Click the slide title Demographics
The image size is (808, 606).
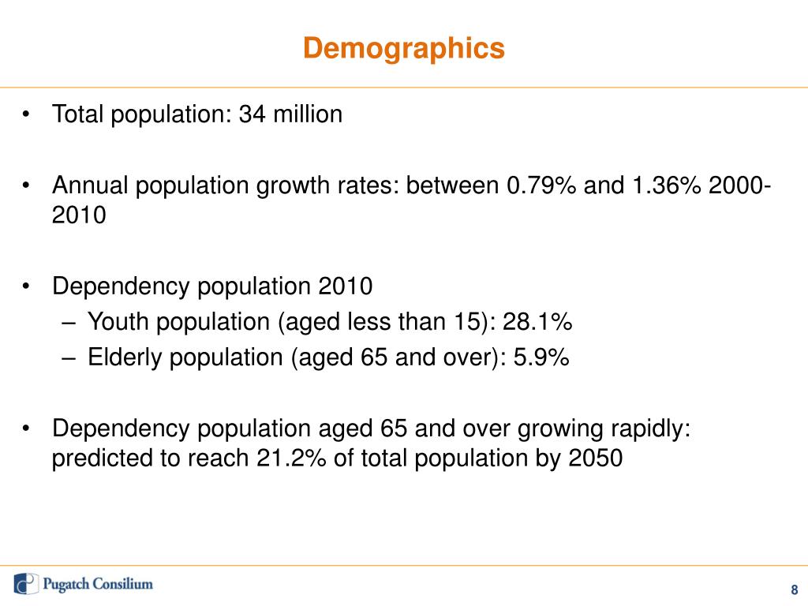tap(404, 49)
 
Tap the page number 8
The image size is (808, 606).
tap(794, 589)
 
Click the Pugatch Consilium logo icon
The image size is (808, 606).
tap(26, 584)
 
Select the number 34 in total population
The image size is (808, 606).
tap(252, 114)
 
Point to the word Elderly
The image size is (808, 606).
tap(119, 357)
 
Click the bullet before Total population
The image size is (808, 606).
tap(27, 115)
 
